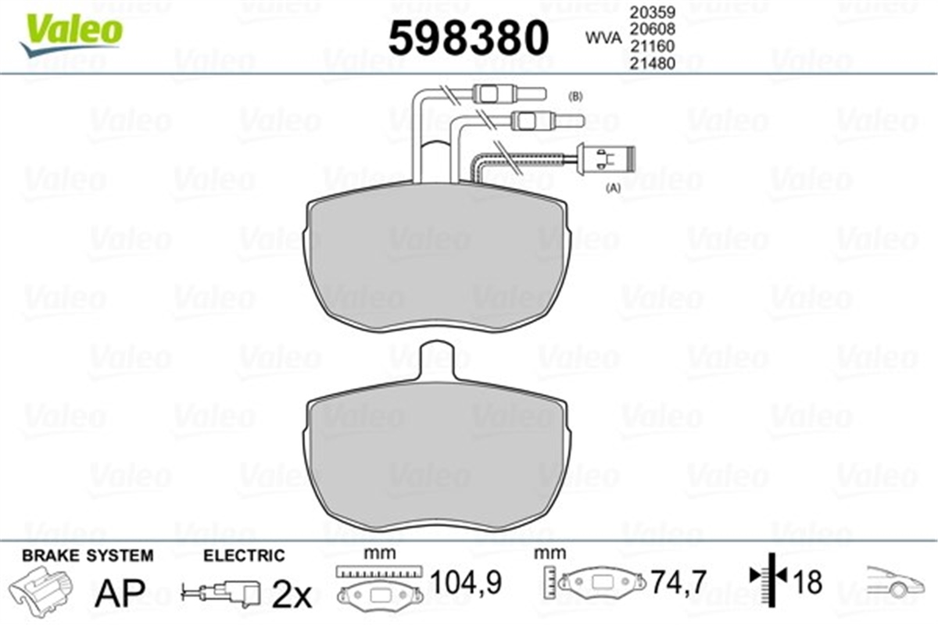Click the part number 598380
468,38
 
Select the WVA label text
603,38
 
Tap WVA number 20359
653,13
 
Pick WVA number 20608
653,30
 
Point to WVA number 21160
653,46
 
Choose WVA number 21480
653,63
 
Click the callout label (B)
575,97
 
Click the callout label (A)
614,188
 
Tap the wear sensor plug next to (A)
606,159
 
